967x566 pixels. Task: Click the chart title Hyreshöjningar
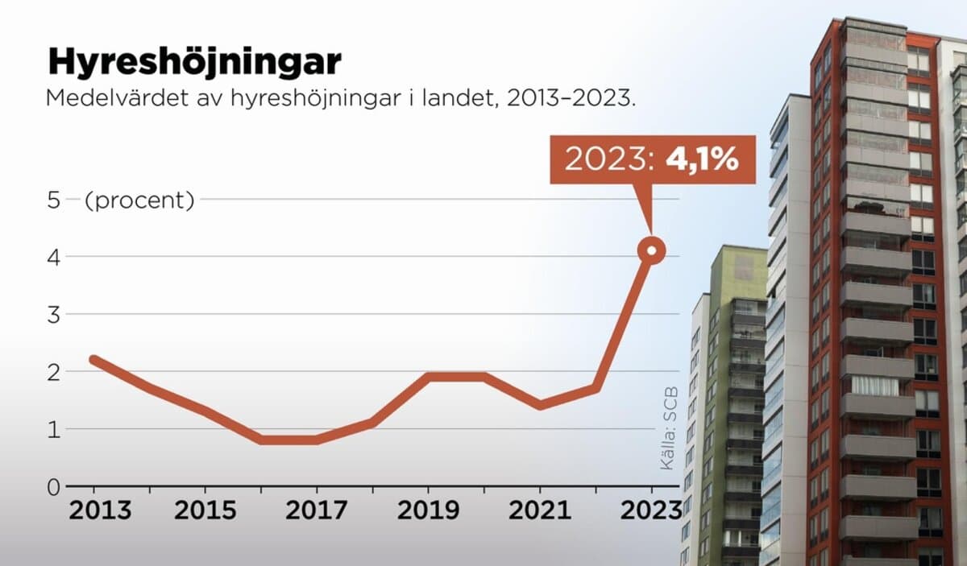pos(194,63)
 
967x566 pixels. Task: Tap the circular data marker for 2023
pos(651,251)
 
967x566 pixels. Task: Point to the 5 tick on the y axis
pos(54,200)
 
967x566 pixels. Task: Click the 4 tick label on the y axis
pos(54,258)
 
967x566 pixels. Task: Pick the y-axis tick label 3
pos(54,315)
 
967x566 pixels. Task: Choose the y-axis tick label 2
pos(54,372)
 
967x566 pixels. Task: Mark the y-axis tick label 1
pos(54,429)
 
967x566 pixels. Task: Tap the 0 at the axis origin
pos(54,486)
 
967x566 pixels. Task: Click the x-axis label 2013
pos(95,510)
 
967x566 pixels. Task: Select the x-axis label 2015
pos(205,510)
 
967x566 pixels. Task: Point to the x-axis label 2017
pos(317,510)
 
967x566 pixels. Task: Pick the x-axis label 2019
pos(428,510)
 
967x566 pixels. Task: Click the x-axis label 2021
pos(539,510)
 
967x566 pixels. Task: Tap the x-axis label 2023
pos(650,510)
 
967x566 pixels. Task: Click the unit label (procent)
pos(139,200)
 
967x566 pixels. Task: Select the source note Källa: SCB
pos(667,428)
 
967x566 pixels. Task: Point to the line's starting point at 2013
pos(94,359)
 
